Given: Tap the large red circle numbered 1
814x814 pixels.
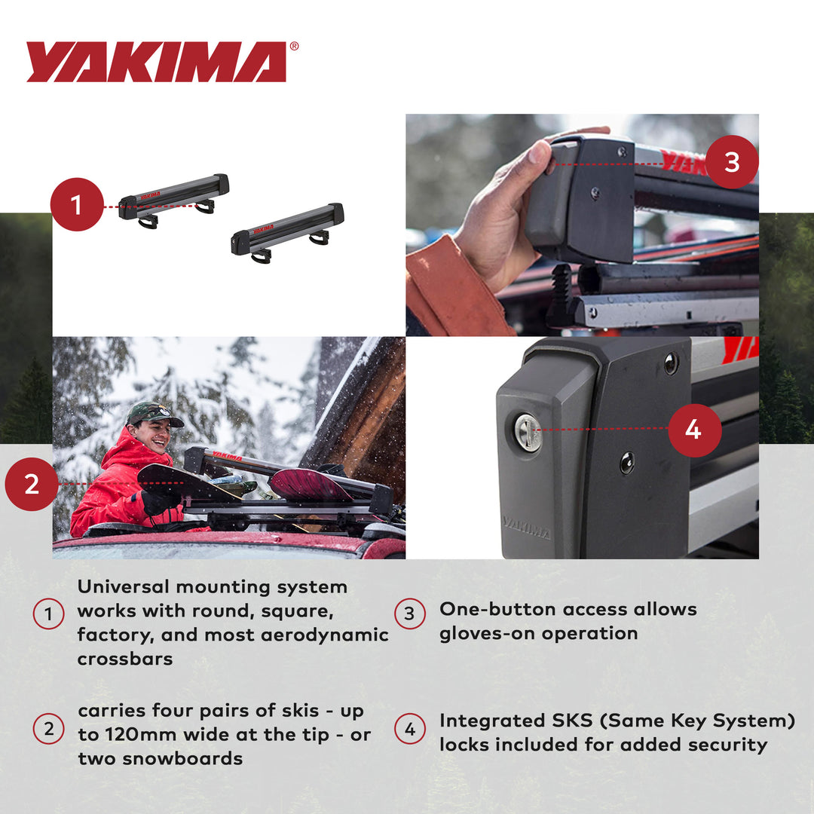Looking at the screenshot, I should pyautogui.click(x=77, y=204).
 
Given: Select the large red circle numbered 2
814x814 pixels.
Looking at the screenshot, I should pyautogui.click(x=32, y=484).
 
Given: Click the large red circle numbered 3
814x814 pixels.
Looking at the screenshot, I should pyautogui.click(x=732, y=162).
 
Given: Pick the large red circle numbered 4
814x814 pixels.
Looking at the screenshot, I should pyautogui.click(x=694, y=430).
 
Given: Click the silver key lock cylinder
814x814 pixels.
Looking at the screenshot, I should pyautogui.click(x=528, y=433).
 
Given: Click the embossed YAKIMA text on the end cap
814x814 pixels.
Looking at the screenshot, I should pyautogui.click(x=526, y=528).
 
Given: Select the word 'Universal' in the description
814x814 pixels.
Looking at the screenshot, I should pyautogui.click(x=125, y=586).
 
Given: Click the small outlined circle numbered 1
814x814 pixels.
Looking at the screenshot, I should pyautogui.click(x=48, y=615).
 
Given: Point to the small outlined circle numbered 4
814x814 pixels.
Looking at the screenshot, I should pyautogui.click(x=410, y=730).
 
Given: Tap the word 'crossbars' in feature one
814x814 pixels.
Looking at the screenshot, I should pyautogui.click(x=125, y=659).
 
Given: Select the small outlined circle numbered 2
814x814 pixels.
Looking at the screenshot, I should pyautogui.click(x=48, y=730).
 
